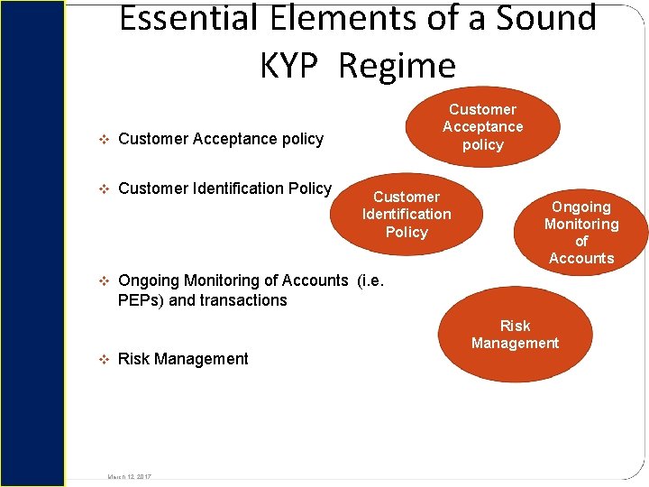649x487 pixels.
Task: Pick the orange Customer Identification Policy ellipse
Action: click(407, 215)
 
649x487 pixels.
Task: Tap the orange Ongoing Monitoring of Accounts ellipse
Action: click(581, 232)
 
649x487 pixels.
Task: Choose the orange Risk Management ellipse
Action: click(515, 335)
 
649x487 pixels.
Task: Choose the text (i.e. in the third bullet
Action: click(370, 280)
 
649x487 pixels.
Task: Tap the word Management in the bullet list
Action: click(201, 359)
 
